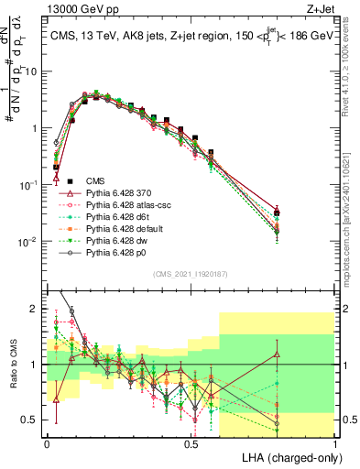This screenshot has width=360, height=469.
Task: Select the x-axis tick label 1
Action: pyautogui.click(x=335, y=442)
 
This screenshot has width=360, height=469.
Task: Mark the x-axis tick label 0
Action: pyautogui.click(x=47, y=442)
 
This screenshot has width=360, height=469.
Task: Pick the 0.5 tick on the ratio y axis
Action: pyautogui.click(x=31, y=420)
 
